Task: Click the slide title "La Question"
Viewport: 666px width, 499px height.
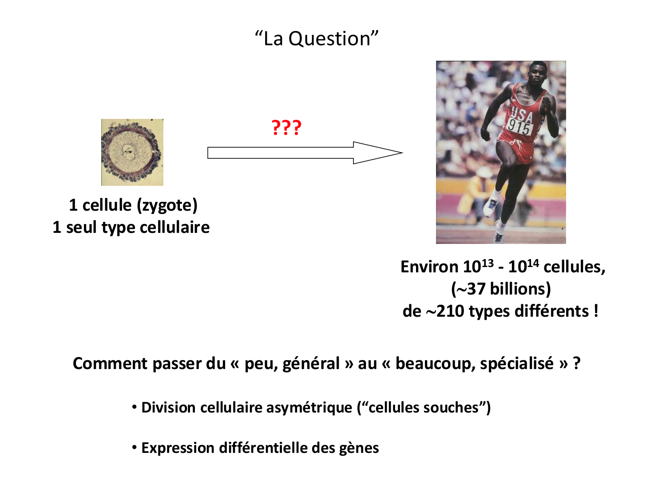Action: click(x=317, y=39)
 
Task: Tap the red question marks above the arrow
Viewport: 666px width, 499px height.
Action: click(x=286, y=128)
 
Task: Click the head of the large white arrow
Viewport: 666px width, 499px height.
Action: click(x=378, y=153)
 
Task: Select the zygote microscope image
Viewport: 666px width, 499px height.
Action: click(x=132, y=152)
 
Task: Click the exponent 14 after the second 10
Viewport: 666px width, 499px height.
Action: click(x=533, y=263)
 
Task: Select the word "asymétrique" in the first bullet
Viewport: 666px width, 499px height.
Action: click(x=309, y=408)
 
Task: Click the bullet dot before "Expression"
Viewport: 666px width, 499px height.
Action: click(x=134, y=448)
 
